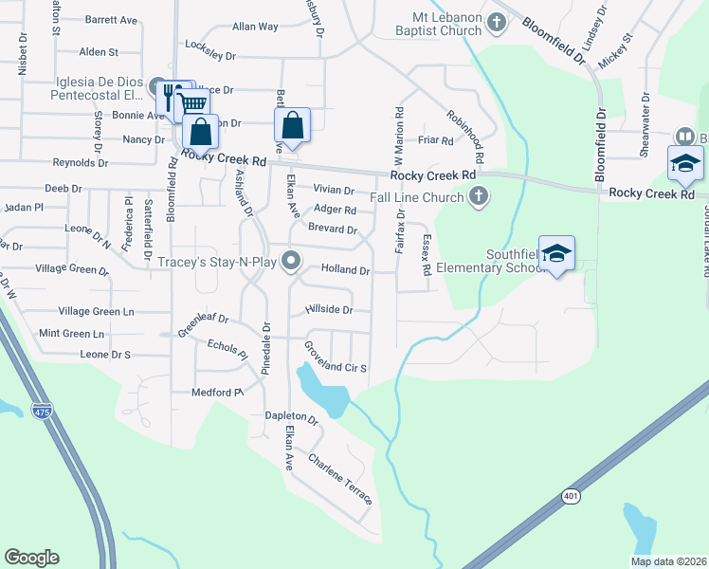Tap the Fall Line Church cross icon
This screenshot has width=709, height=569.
point(480,197)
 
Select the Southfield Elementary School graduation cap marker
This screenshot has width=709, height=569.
point(557,253)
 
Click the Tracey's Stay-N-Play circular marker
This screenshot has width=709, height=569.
point(293,259)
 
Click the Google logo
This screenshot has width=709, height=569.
point(31,558)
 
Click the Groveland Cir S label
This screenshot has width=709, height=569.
point(335,361)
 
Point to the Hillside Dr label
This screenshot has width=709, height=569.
point(329,310)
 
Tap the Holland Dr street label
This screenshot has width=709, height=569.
point(345,270)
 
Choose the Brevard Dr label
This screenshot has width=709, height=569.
point(332,229)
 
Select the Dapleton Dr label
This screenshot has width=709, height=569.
point(291,415)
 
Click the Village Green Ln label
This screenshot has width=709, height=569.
point(97,311)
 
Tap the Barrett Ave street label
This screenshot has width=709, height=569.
point(112,19)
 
